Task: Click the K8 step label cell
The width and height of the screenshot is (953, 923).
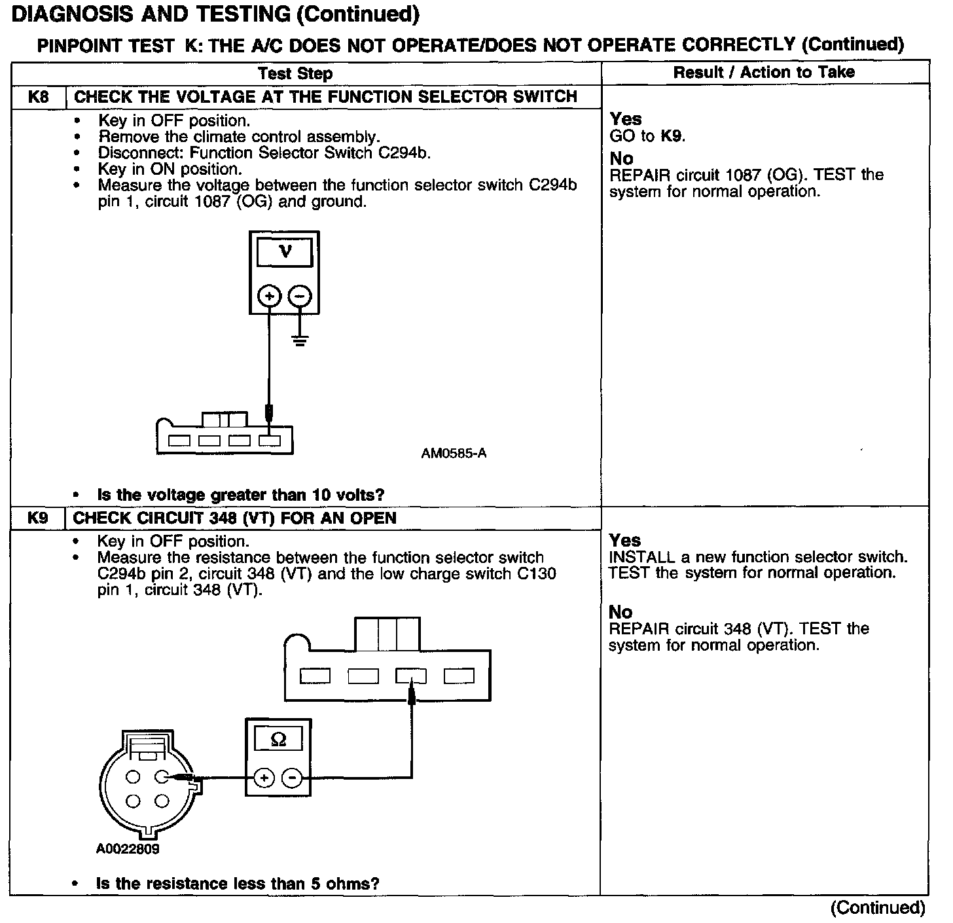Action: coord(39,98)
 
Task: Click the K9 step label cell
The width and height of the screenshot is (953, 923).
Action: coord(38,518)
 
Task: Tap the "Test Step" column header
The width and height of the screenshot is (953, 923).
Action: coord(295,73)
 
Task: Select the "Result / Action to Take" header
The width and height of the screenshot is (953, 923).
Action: coord(764,72)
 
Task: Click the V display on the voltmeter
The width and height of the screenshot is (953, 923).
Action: coord(285,252)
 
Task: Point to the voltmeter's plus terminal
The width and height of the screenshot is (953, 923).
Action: coord(269,296)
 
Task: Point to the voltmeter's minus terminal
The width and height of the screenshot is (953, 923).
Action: coord(300,296)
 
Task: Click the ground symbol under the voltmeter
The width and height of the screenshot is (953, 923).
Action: coord(300,340)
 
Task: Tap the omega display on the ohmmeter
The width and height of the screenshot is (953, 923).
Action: coord(278,740)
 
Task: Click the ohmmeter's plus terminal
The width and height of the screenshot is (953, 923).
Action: coord(264,778)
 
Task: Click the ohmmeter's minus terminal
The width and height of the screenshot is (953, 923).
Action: coord(292,778)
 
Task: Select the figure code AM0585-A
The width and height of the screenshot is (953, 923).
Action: coord(454,453)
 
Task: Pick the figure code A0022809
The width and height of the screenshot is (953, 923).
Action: coord(128,849)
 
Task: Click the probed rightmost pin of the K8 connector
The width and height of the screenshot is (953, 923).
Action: coord(269,441)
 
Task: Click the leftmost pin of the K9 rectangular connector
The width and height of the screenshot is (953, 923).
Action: coord(315,676)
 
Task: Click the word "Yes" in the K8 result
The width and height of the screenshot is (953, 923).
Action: coord(626,119)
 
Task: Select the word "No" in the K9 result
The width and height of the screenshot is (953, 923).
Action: coord(620,612)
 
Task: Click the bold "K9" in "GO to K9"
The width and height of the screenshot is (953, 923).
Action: coord(672,137)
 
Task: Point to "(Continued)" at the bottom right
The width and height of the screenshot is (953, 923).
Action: coord(877,908)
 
